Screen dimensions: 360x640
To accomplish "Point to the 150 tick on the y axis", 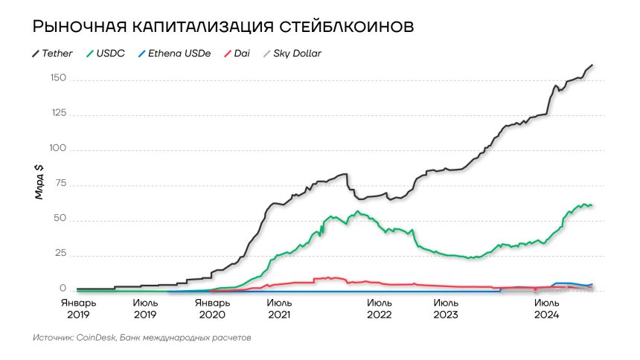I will click(58, 79).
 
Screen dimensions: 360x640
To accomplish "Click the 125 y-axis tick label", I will click(58, 114).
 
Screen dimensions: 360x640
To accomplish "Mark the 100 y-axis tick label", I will click(58, 149).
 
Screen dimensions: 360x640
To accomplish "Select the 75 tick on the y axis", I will click(61, 184).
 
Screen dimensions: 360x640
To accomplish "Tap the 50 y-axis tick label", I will click(61, 219).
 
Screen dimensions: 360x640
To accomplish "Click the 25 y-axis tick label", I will click(61, 254).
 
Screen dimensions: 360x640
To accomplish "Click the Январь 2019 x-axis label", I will click(77, 309).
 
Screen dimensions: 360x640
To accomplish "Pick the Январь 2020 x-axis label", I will click(212, 309).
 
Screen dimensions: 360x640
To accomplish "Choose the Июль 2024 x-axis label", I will click(547, 309).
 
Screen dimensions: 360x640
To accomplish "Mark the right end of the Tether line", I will click(592, 65).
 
